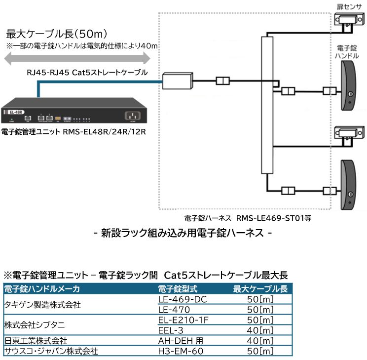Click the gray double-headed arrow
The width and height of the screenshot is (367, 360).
pyautogui.click(x=77, y=59)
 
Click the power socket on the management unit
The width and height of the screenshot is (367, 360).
pyautogui.click(x=133, y=117)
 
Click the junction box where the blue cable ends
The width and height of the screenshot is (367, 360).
pyautogui.click(x=178, y=80)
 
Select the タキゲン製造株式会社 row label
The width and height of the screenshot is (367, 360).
pyautogui.click(x=42, y=305)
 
